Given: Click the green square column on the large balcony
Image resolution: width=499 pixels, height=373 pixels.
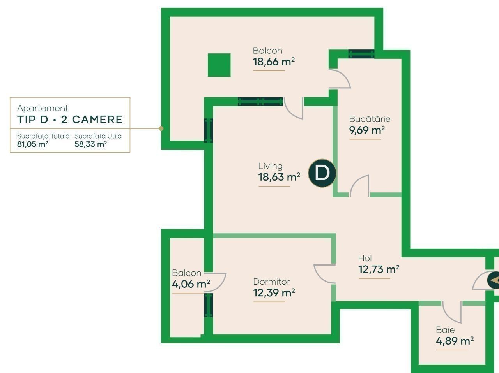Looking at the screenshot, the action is (219, 65).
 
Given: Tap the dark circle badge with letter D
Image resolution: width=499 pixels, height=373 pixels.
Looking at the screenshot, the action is (322, 173).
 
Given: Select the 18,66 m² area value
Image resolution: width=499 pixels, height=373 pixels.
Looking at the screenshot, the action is (274, 62).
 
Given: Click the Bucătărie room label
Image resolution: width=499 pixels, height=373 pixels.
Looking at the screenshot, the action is (370, 119).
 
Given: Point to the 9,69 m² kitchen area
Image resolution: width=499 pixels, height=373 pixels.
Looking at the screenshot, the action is (367, 130).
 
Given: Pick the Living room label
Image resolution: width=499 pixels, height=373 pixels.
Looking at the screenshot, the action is (270, 166).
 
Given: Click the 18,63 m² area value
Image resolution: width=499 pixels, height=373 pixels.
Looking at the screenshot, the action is (279, 177).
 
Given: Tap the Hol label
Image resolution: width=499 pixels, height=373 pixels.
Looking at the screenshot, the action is (365, 259).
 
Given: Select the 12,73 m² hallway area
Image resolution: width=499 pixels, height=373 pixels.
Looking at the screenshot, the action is (379, 269).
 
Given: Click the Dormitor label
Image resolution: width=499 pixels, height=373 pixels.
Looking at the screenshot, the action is (271, 282).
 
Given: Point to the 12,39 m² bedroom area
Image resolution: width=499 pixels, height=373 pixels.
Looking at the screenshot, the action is (274, 293).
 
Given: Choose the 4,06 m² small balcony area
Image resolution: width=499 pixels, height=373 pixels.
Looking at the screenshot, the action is (191, 284).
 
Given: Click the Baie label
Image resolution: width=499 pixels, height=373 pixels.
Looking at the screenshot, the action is (445, 330).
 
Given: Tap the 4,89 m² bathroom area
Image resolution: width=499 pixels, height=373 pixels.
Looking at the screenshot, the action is (455, 341).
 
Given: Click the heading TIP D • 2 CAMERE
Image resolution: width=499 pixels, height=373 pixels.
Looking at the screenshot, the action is (70, 120).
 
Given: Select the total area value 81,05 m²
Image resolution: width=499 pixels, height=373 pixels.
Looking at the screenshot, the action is (32, 144).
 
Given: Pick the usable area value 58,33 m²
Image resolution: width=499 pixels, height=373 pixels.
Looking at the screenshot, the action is (90, 144).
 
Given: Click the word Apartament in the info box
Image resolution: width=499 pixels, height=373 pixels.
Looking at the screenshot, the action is (43, 108).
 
